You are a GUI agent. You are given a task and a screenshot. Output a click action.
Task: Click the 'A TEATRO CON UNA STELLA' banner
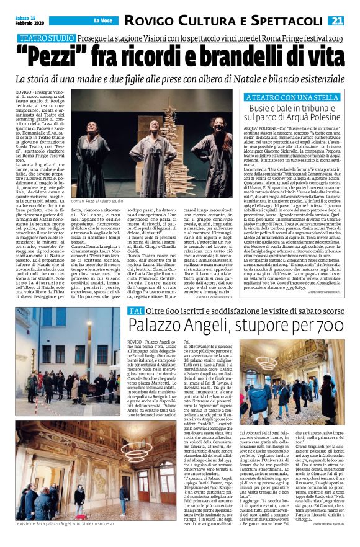292,97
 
